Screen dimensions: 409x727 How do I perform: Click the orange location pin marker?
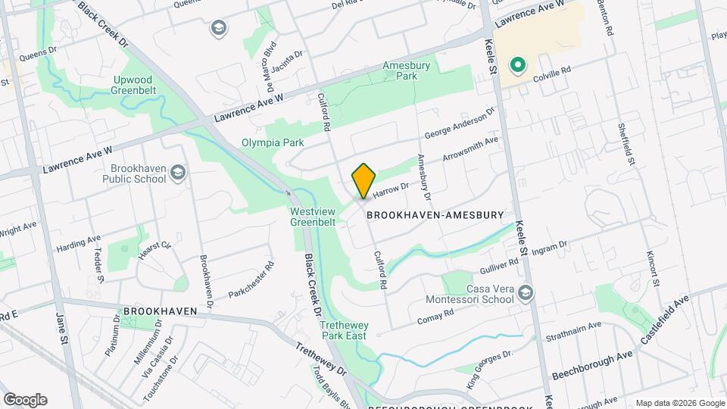click(363, 181)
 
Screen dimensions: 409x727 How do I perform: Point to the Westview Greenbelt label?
click(314, 217)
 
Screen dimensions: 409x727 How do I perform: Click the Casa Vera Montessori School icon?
click(526, 293)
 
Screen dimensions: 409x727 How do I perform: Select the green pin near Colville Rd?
click(519, 66)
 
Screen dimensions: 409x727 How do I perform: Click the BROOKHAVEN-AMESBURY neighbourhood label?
click(435, 215)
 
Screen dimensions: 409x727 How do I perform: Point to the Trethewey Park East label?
click(343, 329)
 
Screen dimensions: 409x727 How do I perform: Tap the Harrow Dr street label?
click(391, 189)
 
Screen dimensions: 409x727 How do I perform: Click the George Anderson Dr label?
click(459, 123)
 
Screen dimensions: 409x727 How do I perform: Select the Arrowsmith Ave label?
click(470, 148)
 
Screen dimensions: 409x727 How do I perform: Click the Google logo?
click(25, 400)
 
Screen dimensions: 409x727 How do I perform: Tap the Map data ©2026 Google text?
click(679, 403)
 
